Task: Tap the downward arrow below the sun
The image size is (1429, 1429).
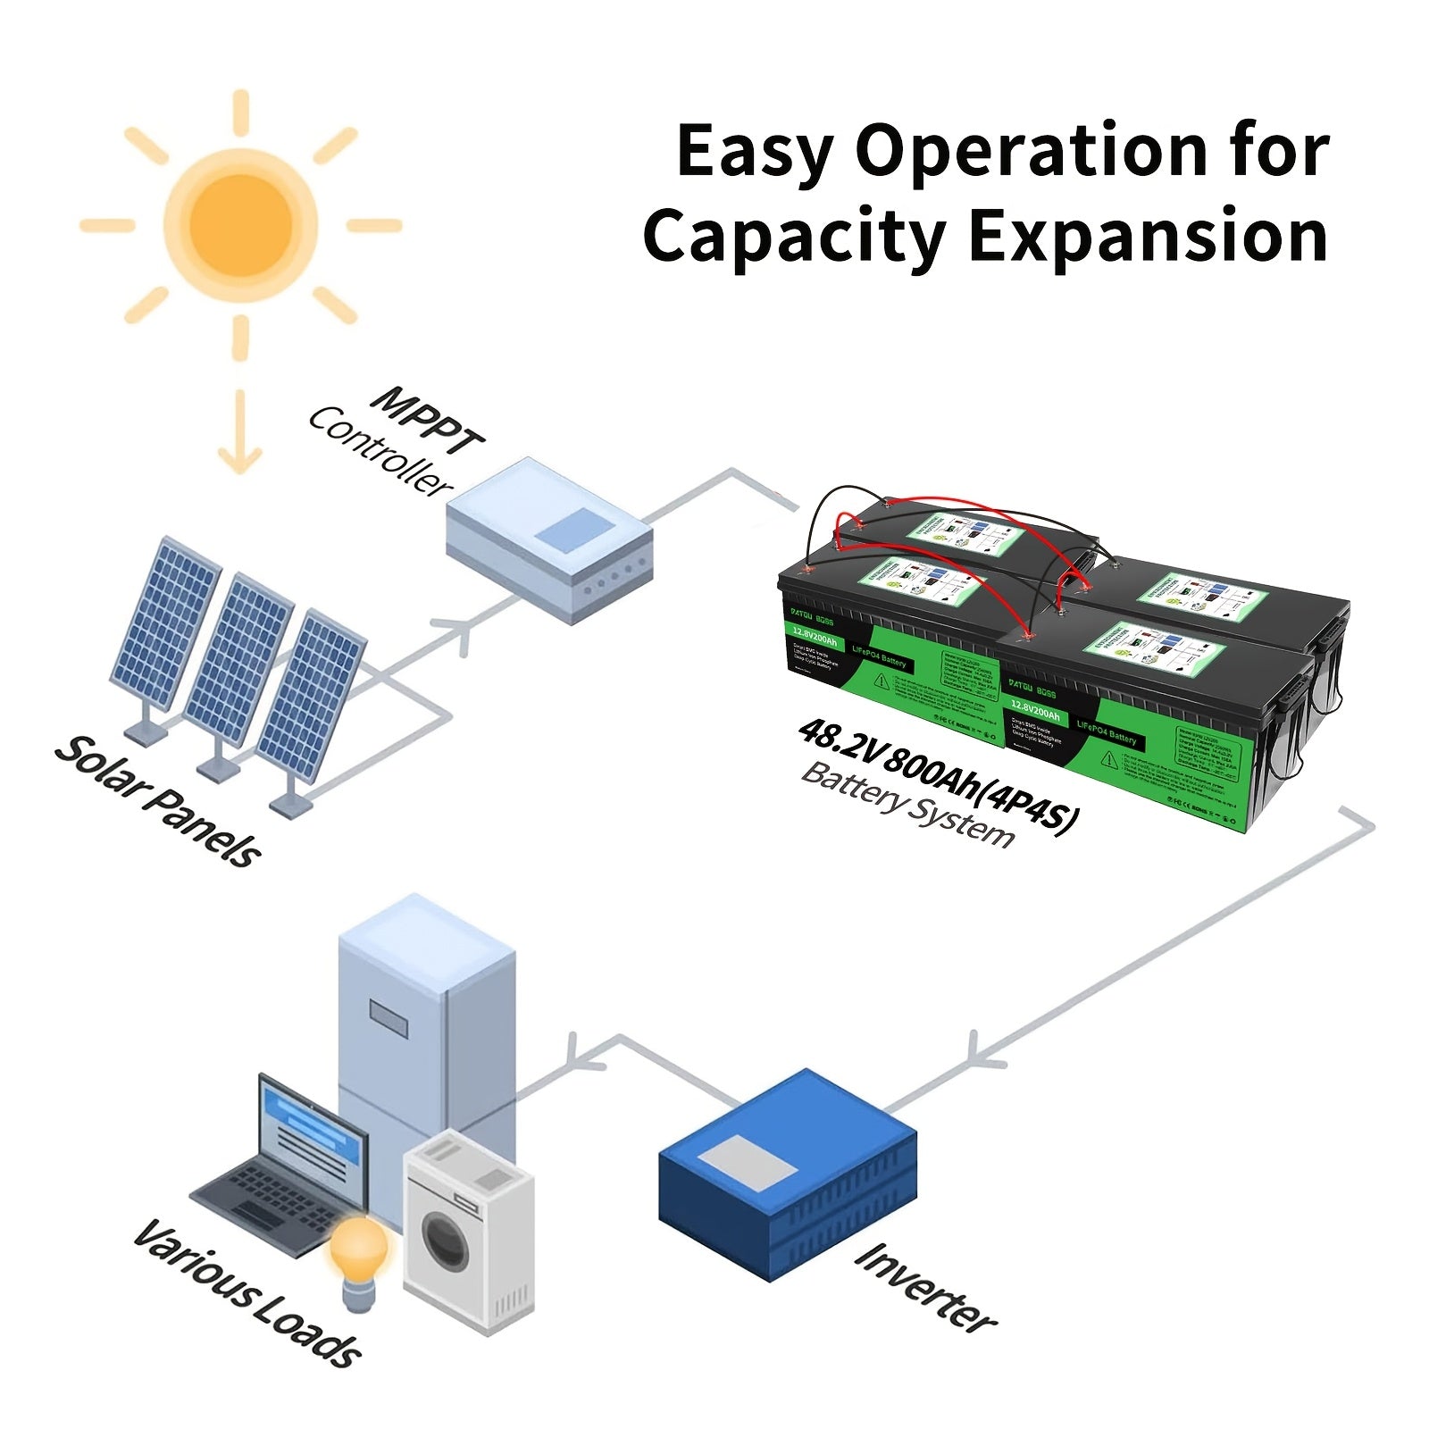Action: click(240, 434)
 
